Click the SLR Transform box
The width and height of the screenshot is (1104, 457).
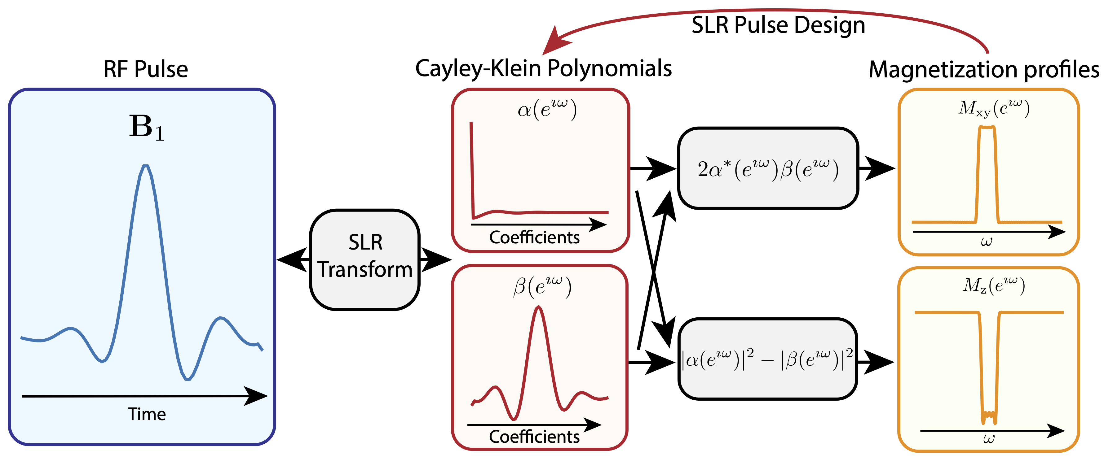pos(365,259)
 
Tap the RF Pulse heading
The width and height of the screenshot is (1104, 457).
pos(146,69)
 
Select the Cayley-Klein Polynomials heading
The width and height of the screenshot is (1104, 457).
pos(543,68)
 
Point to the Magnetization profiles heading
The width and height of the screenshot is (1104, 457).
pos(983,69)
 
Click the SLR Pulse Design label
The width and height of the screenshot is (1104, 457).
pos(778,25)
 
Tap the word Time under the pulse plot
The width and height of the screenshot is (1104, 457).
pos(147,414)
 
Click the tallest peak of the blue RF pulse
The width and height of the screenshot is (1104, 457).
pos(146,166)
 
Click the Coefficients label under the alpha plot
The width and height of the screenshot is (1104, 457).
pos(534,237)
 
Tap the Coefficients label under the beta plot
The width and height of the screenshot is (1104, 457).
pos(534,437)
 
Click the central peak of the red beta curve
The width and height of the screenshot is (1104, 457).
pos(539,307)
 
